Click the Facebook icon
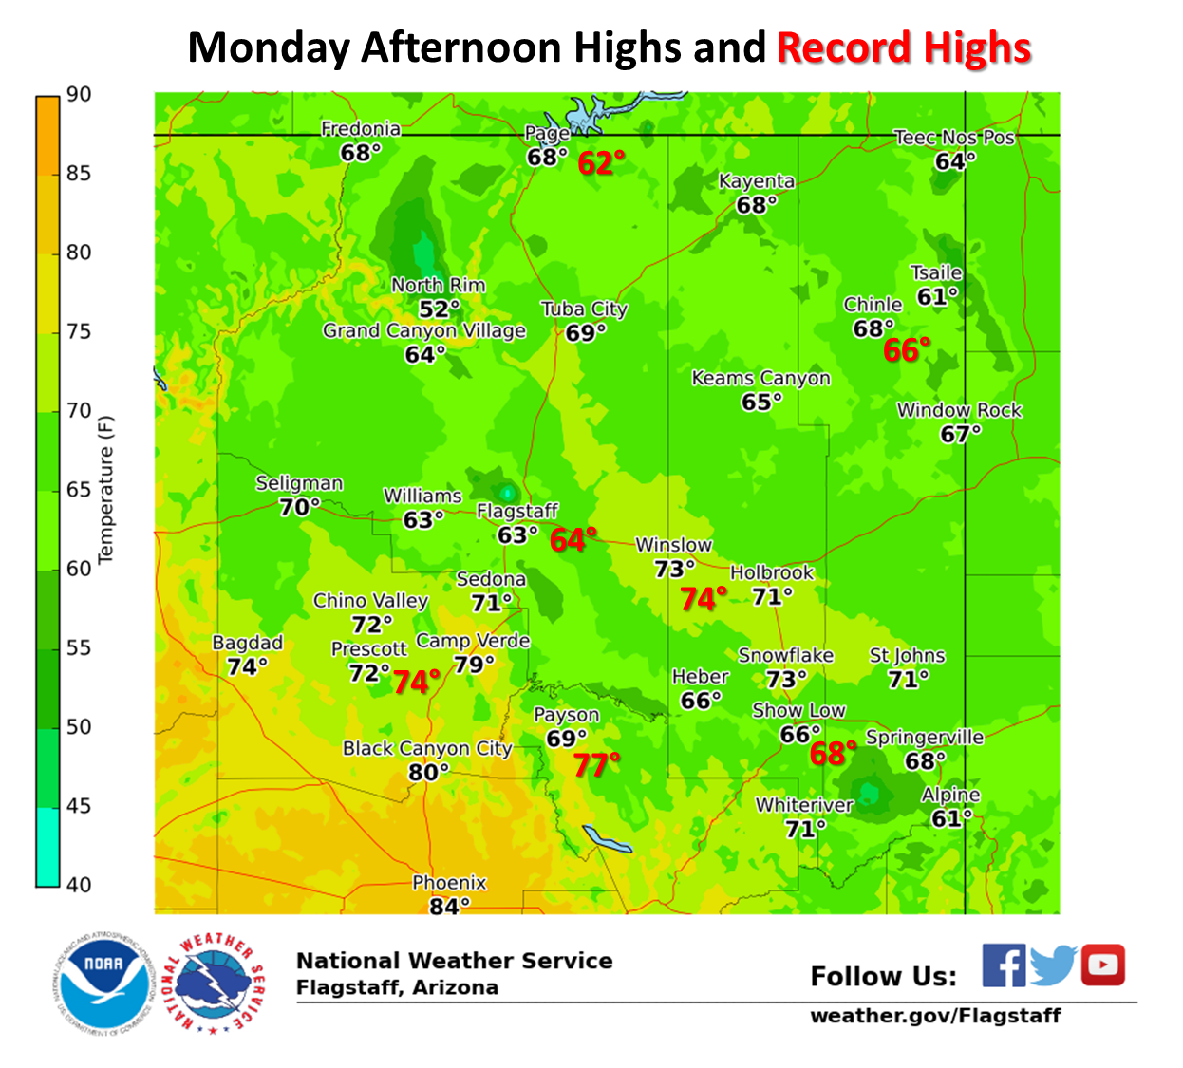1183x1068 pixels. [x=1003, y=965]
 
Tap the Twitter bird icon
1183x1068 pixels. [x=1052, y=965]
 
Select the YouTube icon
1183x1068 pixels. [x=1101, y=965]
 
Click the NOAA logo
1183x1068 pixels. [x=103, y=983]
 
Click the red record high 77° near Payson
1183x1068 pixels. [x=596, y=764]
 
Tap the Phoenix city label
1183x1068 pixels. [x=449, y=883]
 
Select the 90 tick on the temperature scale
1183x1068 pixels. [x=78, y=95]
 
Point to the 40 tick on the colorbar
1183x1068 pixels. [x=78, y=885]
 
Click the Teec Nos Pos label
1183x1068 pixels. [x=954, y=138]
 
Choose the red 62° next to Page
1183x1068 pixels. [x=601, y=163]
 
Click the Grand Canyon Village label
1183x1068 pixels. [x=423, y=330]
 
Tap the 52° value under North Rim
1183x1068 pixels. [x=439, y=309]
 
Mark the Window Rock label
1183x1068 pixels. [x=959, y=410]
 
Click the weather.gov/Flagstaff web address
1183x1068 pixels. [x=935, y=1016]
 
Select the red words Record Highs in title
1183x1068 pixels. [x=904, y=47]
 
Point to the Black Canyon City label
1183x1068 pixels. [x=427, y=748]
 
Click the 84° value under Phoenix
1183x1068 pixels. [x=448, y=906]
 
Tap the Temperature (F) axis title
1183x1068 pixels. [x=105, y=489]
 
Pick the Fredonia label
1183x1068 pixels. [x=360, y=129]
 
